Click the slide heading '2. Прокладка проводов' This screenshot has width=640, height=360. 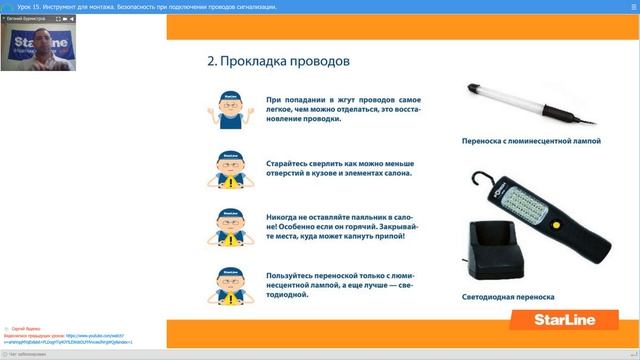pyautogui.click(x=278, y=60)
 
